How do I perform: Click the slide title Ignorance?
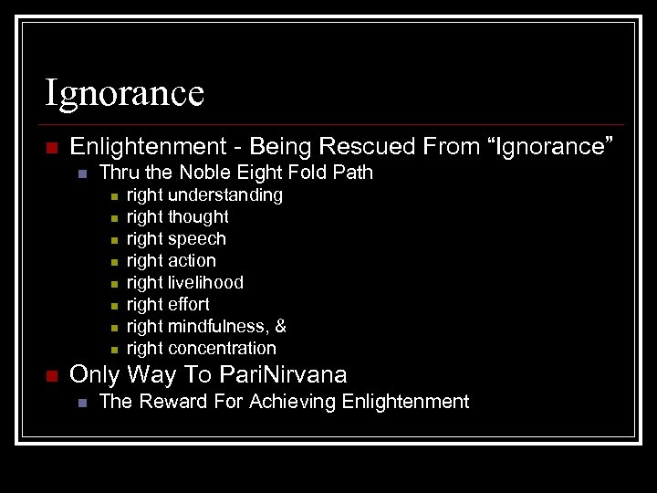pyautogui.click(x=125, y=93)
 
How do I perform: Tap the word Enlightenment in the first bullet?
pyautogui.click(x=142, y=145)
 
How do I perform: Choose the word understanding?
pyautogui.click(x=225, y=194)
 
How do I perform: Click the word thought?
pyautogui.click(x=198, y=216)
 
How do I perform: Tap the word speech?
pyautogui.click(x=197, y=238)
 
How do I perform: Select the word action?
pyautogui.click(x=192, y=260)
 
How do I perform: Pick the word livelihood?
pyautogui.click(x=205, y=282)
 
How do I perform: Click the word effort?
pyautogui.click(x=189, y=304)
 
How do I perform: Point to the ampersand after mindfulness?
pyautogui.click(x=281, y=326)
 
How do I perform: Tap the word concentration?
pyautogui.click(x=222, y=348)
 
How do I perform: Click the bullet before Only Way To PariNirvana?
pyautogui.click(x=51, y=375)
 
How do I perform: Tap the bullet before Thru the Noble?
pyautogui.click(x=81, y=173)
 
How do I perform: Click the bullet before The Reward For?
pyautogui.click(x=81, y=403)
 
